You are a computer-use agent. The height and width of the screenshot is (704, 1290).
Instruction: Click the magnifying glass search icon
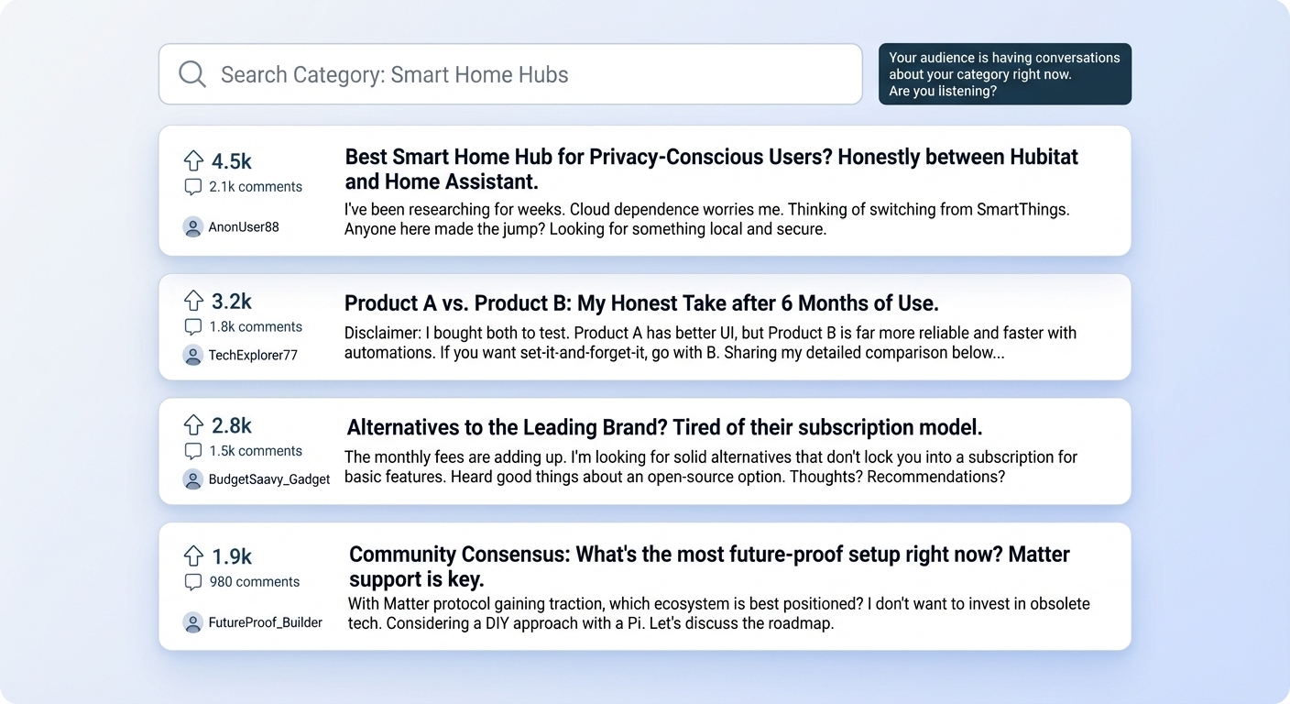coord(191,74)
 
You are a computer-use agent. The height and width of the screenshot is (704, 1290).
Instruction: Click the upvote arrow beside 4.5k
coord(193,160)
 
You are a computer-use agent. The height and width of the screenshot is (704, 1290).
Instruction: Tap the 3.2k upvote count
coord(232,302)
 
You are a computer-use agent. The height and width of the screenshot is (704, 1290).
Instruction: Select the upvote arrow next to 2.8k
coord(193,425)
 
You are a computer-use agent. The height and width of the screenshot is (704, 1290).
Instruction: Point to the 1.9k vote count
coord(232,556)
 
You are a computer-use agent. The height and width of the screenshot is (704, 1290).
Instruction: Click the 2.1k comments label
coord(255,187)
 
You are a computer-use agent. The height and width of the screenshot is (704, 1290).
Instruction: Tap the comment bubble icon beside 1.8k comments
coord(193,326)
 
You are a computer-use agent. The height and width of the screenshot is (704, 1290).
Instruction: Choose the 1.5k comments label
coord(255,450)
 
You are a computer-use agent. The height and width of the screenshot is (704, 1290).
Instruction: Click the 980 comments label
coord(255,582)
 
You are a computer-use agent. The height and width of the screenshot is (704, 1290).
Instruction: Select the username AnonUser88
coord(244,227)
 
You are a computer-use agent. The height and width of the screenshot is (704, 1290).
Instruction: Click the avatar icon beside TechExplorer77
coord(193,355)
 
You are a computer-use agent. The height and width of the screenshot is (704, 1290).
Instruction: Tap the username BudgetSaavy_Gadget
coord(269,479)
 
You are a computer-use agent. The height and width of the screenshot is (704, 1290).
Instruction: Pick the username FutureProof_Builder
coord(265,622)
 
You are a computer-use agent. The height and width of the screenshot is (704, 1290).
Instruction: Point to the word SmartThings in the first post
coord(1022,209)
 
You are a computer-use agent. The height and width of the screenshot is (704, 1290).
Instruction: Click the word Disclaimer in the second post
coord(383,333)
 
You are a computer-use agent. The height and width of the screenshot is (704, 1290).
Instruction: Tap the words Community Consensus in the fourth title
coord(459,555)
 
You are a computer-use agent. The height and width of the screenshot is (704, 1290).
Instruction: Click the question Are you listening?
coord(942,91)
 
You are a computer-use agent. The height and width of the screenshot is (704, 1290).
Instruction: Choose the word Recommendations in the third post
coord(935,477)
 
